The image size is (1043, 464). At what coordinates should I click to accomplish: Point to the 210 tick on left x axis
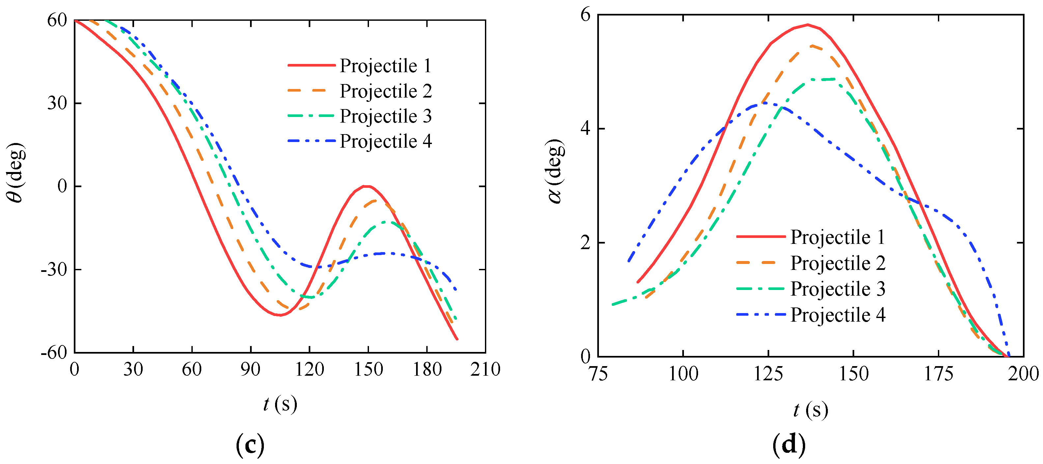(485, 369)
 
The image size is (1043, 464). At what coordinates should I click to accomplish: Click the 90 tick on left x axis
(250, 369)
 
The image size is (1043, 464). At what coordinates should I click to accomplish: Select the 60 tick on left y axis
(57, 20)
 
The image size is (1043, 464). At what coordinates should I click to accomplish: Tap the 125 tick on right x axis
(768, 373)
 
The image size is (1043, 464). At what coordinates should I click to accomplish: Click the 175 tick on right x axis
(938, 373)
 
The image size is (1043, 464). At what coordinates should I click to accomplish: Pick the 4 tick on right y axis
(586, 129)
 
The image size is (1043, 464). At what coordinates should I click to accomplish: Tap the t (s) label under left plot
(280, 404)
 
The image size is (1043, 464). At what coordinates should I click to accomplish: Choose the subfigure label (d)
(789, 444)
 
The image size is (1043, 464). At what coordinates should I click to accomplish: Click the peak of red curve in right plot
(808, 25)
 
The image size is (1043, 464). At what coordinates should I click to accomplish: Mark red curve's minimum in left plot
(280, 315)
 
